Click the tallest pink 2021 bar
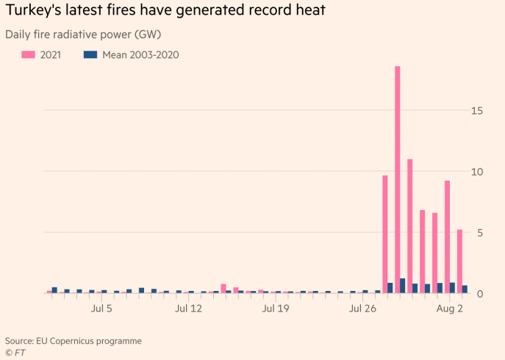[x=397, y=179]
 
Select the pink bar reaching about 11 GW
[x=409, y=226]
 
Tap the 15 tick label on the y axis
[x=477, y=110]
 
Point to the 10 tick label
[x=477, y=171]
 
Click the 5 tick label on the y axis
[x=480, y=232]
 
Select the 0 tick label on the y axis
[x=480, y=294]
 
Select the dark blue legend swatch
[x=91, y=54]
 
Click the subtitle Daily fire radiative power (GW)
[x=83, y=35]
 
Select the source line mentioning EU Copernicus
[x=74, y=341]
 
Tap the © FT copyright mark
[x=15, y=353]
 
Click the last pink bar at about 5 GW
[x=459, y=261]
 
